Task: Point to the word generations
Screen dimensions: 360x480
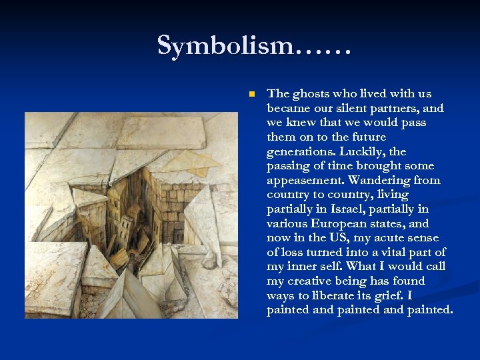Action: point(298,151)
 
